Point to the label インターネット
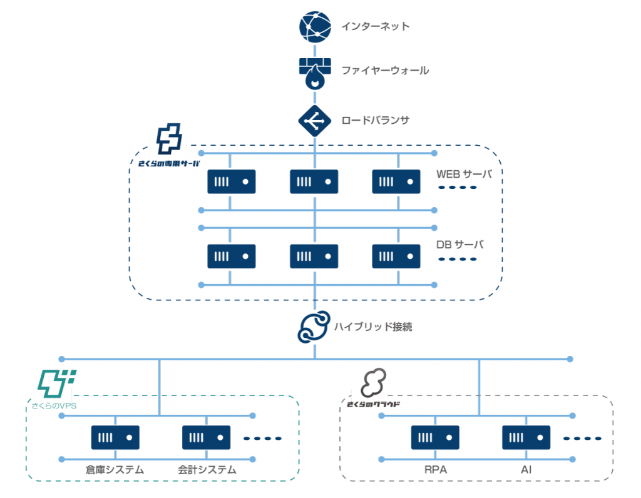coord(376,26)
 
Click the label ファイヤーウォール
coord(385,71)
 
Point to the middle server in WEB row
coord(314,181)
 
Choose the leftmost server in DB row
coord(232,256)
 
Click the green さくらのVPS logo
coord(56,384)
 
